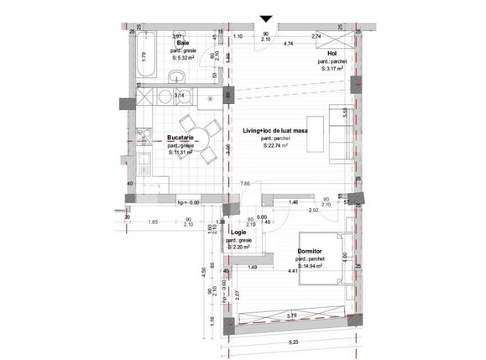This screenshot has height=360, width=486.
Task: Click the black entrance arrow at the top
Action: [266, 18]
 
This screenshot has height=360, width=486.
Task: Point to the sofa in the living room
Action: [337, 134]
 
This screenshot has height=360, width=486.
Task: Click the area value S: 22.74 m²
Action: [275, 146]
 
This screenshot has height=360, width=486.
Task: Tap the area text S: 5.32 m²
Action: [181, 59]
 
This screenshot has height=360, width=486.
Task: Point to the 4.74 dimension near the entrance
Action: [288, 43]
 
